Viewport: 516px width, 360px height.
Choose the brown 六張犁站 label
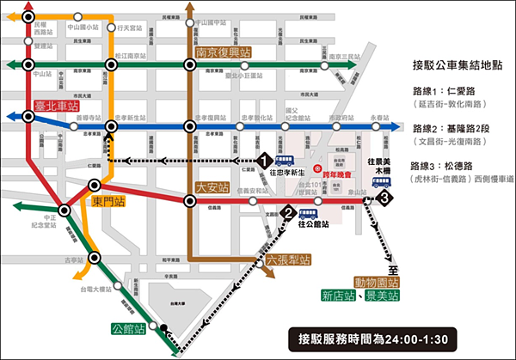coord(266,259)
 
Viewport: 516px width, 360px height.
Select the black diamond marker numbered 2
coord(290,214)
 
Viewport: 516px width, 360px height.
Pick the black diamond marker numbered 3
coord(387,199)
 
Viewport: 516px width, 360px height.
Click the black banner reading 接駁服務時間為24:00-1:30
coord(373,338)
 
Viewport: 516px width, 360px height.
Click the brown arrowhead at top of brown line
coord(189,7)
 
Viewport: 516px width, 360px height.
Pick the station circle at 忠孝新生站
coord(110,126)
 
